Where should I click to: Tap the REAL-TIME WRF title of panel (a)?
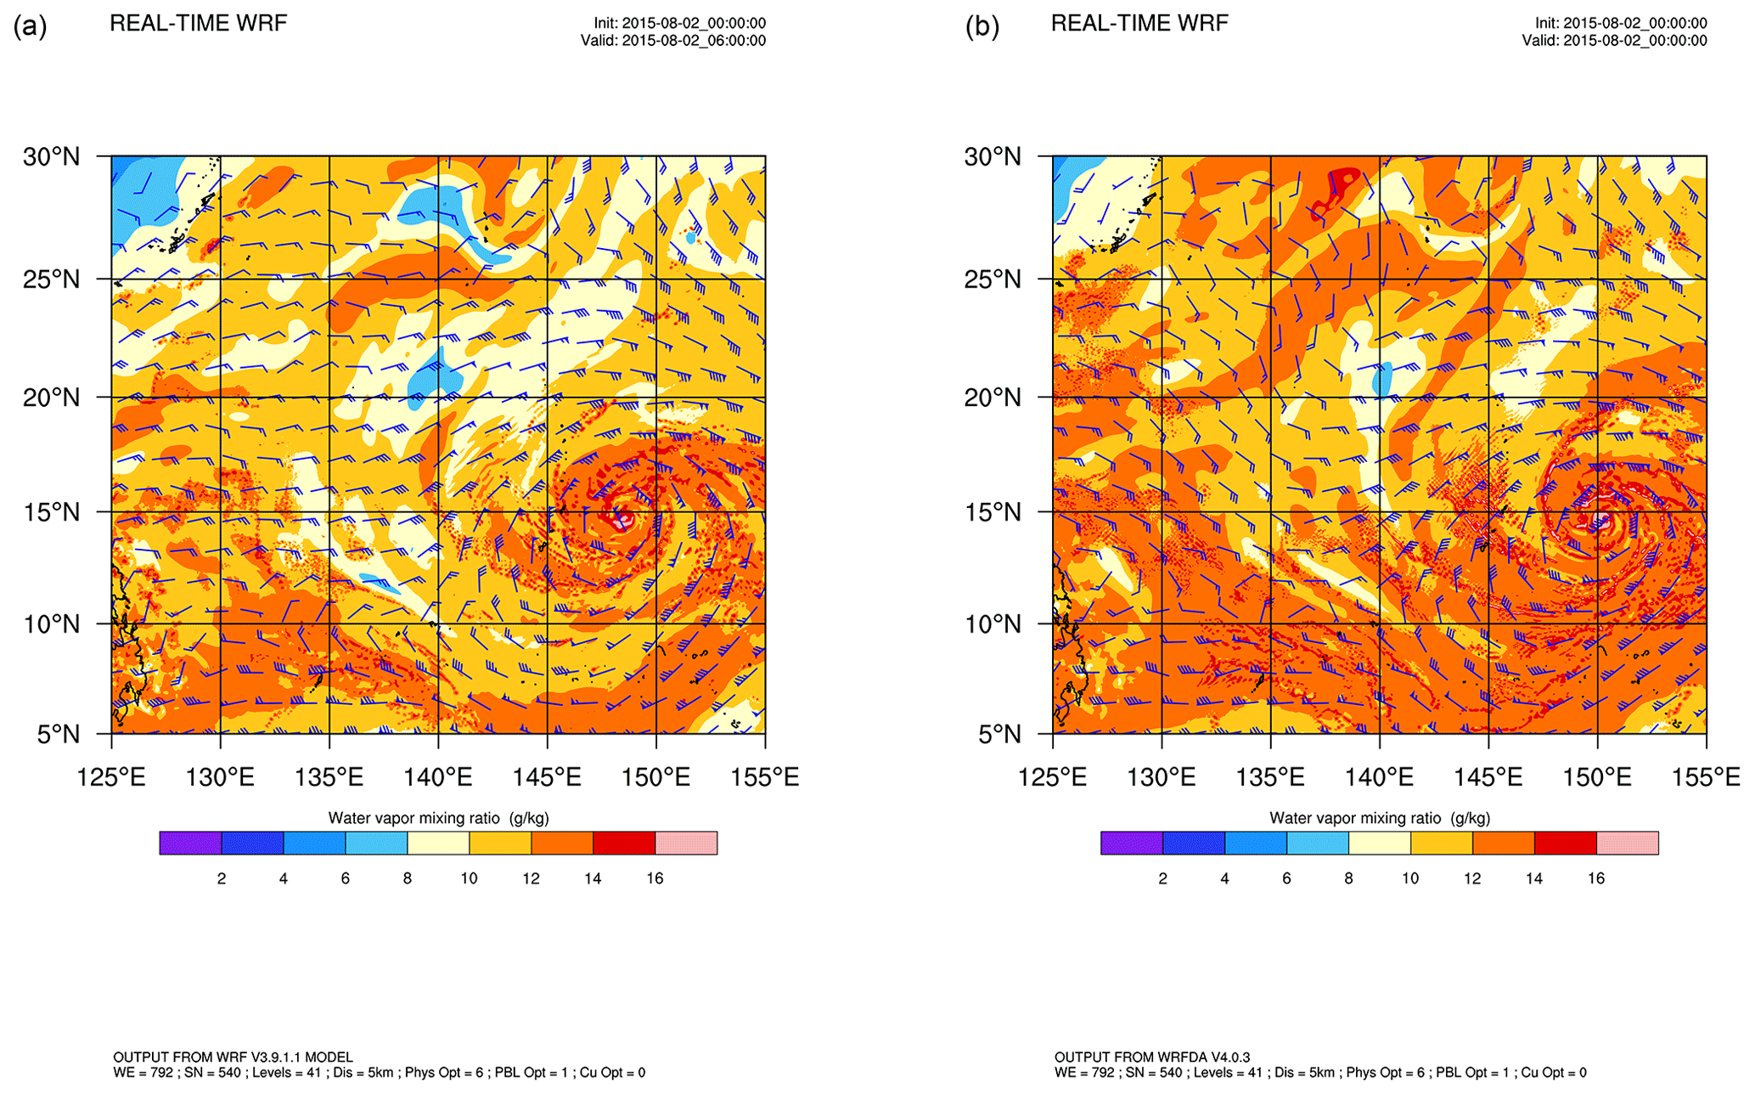(199, 23)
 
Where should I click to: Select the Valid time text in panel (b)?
(1614, 41)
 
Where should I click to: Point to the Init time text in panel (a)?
(680, 24)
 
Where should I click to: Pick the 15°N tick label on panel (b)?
(993, 512)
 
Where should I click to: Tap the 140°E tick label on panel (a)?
(439, 777)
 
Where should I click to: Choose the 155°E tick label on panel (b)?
(1706, 777)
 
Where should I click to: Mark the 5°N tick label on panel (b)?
(999, 734)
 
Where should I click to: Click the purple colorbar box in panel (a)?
(190, 843)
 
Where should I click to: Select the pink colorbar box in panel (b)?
(1627, 843)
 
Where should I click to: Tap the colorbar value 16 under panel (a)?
(655, 878)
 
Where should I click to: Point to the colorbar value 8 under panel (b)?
(1348, 878)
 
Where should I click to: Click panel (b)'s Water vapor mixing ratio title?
(1380, 818)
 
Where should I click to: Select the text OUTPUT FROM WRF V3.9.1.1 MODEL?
(233, 1058)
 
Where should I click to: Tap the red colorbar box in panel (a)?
(624, 843)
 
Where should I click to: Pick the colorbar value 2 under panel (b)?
(1162, 878)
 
